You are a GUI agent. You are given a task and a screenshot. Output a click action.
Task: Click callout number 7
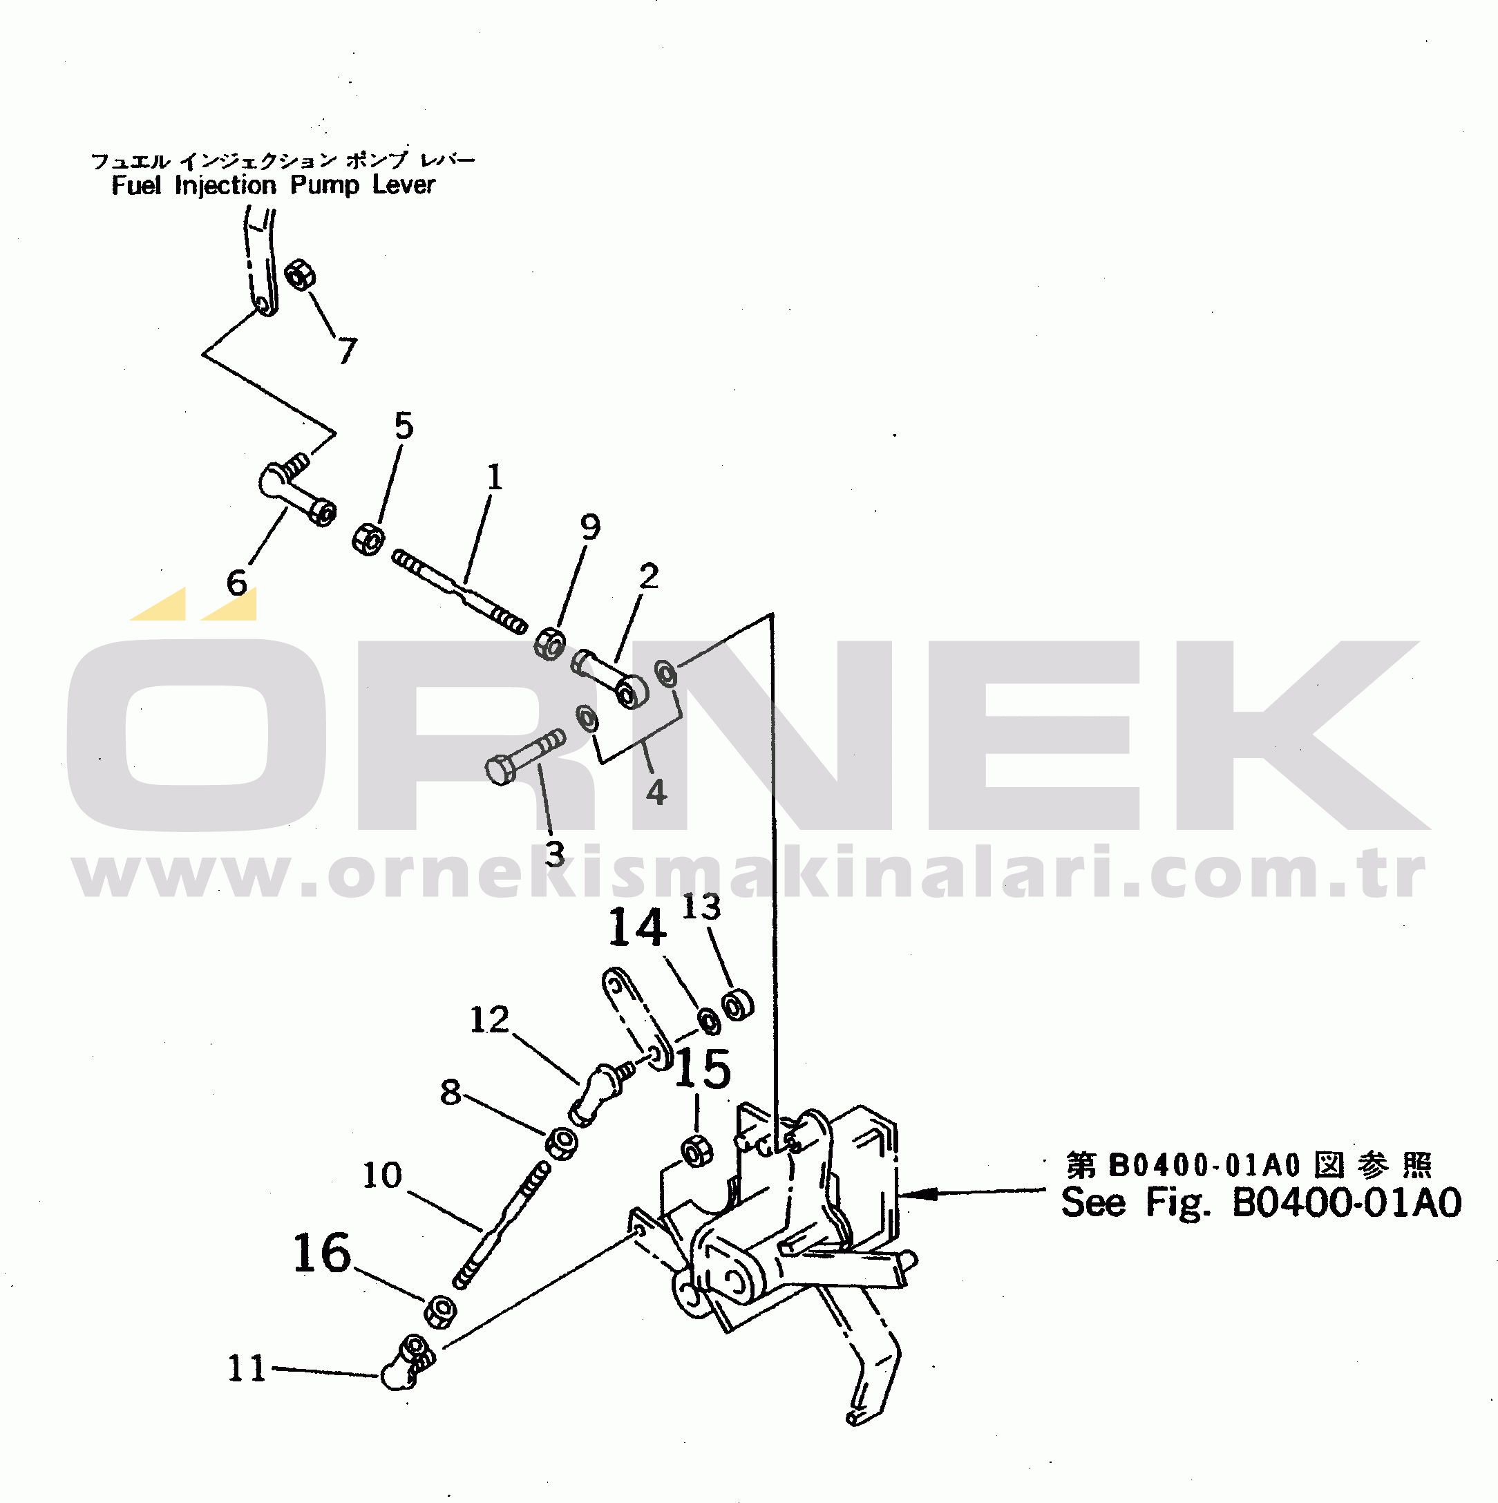coord(347,350)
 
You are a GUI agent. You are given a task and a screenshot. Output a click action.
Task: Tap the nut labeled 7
coord(301,274)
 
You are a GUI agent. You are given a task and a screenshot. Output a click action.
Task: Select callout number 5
coord(404,426)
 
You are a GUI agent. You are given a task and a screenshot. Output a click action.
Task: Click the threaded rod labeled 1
coord(459,592)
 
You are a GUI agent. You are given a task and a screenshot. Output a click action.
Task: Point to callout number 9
coord(591,527)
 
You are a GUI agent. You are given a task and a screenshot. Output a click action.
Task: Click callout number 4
coord(656,792)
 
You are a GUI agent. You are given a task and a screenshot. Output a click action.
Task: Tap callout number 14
coord(637,927)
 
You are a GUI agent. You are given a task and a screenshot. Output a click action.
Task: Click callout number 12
coord(489,1020)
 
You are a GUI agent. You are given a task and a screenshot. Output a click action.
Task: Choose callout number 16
coord(322,1254)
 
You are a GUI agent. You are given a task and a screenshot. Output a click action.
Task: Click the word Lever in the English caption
coord(403,185)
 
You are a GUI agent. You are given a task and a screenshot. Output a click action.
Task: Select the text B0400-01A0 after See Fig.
coord(1346,1202)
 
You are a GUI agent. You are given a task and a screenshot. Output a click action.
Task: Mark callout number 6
coord(236,583)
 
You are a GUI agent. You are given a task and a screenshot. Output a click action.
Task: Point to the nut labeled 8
coord(561,1144)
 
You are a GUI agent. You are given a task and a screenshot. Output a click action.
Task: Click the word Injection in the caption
coord(225,186)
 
